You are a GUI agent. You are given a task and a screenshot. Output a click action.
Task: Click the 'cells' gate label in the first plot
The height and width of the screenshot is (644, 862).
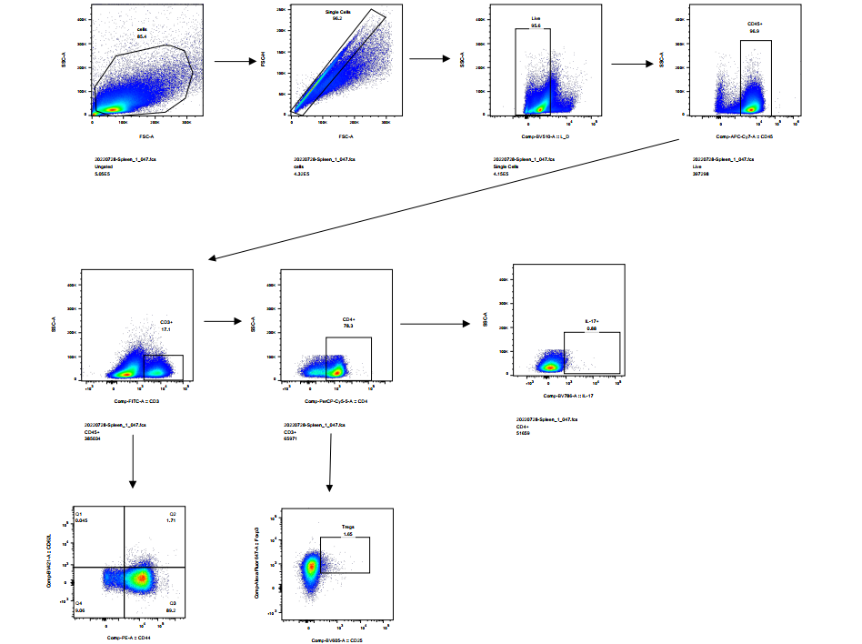142,29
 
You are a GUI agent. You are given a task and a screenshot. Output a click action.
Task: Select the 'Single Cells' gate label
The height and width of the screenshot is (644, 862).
337,12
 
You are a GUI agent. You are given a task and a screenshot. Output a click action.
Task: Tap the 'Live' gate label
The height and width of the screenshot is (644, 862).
536,18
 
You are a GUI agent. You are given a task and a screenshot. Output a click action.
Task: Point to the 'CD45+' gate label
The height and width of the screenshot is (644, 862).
754,25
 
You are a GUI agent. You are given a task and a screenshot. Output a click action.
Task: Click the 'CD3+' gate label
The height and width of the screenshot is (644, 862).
165,322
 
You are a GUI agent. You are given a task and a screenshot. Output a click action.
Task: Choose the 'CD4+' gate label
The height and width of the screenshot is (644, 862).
348,319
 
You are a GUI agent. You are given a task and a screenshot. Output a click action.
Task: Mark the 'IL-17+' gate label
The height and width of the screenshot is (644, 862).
591,322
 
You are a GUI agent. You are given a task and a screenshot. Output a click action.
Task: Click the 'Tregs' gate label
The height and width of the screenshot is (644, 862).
347,528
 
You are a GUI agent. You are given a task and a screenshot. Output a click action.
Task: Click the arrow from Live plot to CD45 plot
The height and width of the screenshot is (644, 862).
636,64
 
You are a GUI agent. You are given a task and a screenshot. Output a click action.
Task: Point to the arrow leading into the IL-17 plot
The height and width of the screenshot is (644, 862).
436,323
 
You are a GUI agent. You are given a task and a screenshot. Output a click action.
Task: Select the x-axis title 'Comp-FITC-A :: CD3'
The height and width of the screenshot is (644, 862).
136,400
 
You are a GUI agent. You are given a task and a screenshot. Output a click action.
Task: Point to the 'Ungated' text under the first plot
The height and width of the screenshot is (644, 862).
103,166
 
